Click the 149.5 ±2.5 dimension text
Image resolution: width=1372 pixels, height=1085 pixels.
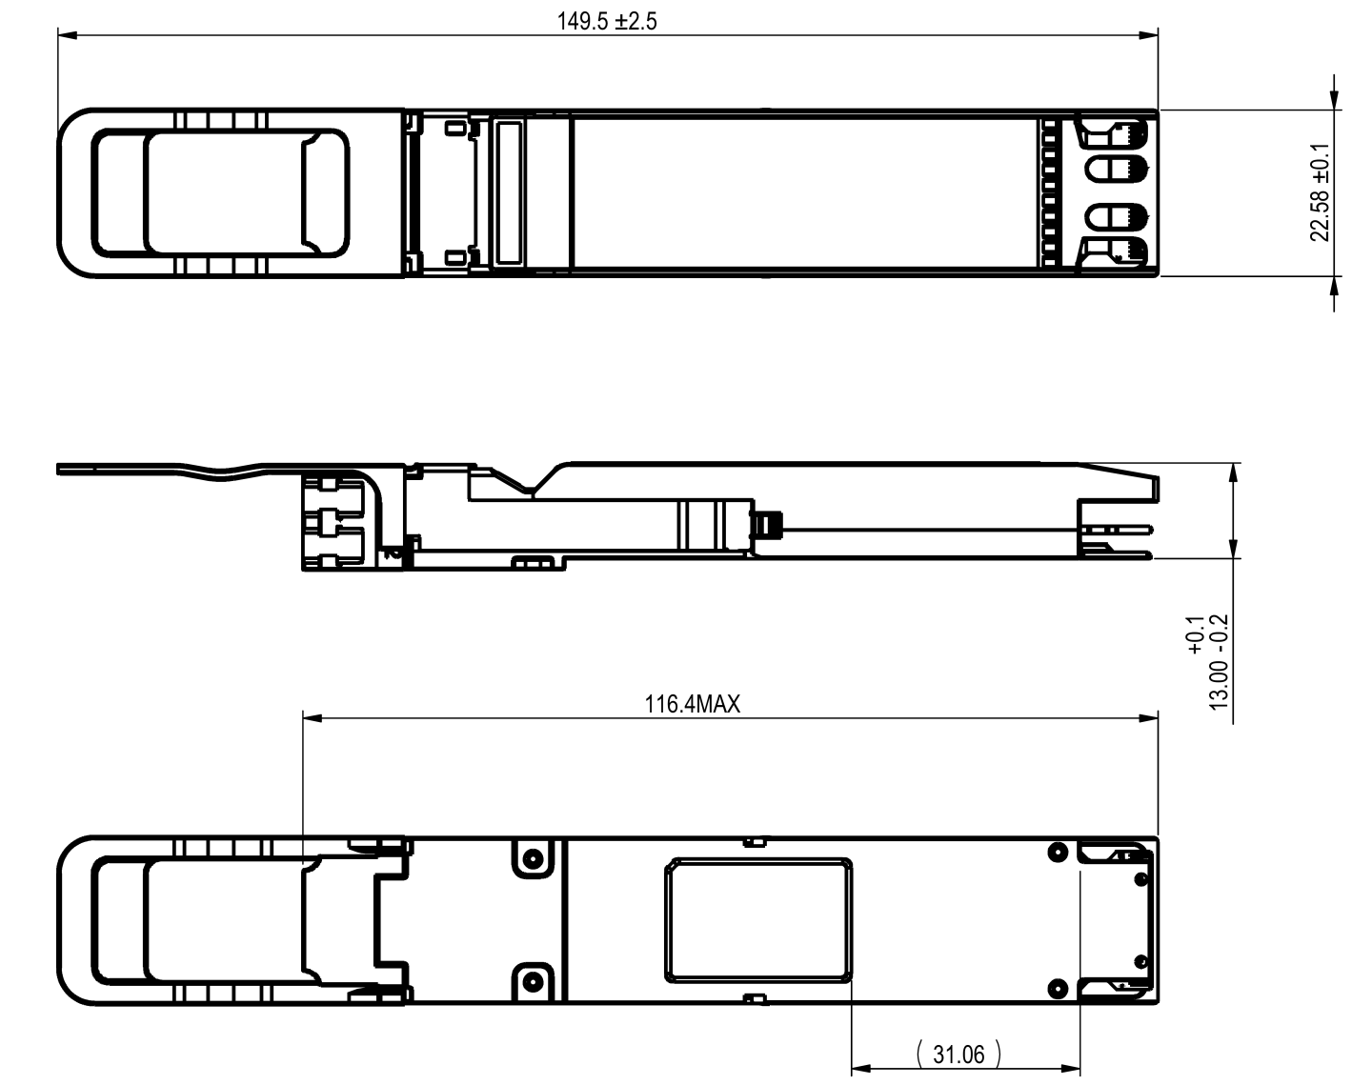coord(607,22)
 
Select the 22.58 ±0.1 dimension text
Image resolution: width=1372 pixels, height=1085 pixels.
coord(1320,193)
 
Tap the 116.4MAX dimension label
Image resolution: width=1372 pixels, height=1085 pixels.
coord(693,705)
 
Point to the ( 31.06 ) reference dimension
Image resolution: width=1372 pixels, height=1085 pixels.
coord(958,1055)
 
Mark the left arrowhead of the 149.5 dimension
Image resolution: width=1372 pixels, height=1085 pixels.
coord(66,36)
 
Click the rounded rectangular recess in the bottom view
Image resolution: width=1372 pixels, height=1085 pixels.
coord(759,919)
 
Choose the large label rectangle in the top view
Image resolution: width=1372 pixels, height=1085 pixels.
coord(803,193)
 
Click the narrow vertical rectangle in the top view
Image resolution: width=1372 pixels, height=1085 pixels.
coord(510,193)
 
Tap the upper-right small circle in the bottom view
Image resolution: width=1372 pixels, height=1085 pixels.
coord(1056,852)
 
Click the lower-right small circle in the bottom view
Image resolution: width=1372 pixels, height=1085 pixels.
coord(1056,987)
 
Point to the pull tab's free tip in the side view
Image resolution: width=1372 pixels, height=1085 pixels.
coord(61,468)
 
